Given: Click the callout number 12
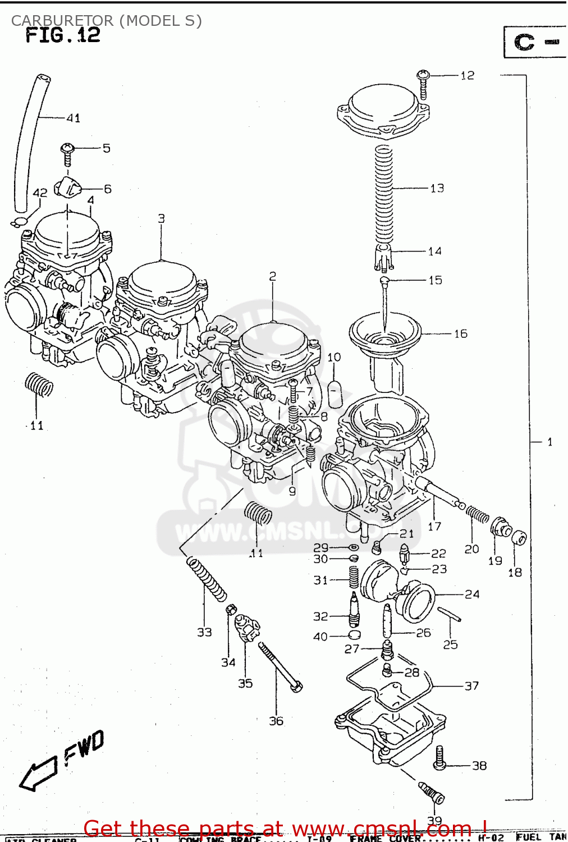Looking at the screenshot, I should (x=467, y=75).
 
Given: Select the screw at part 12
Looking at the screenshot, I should (x=423, y=83).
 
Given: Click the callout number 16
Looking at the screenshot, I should (x=460, y=333).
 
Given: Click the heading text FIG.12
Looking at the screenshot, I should (x=63, y=35).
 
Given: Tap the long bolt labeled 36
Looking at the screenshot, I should (x=280, y=667).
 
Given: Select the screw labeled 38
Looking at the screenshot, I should (x=440, y=758).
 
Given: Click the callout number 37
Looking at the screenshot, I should (x=471, y=685).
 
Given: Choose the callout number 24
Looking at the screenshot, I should (x=471, y=594).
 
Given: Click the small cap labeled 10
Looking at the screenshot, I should (x=335, y=393).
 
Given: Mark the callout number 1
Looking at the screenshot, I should (x=549, y=442).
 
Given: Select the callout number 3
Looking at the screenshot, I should (x=161, y=218).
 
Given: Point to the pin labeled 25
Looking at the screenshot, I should (x=449, y=615).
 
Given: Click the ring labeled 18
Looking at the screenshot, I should (x=519, y=538).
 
